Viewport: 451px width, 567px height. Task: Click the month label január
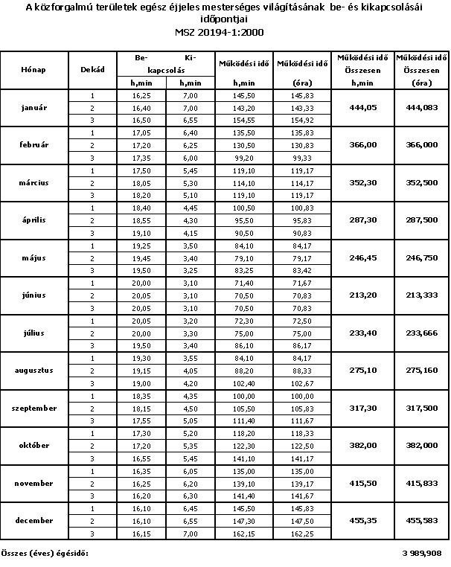34,108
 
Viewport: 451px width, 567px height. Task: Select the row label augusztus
34,370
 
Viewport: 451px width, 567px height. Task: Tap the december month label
34,521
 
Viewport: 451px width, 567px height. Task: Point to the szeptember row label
34,408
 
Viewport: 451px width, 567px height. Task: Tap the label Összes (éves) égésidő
45,553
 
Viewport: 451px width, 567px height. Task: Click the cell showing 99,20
244,157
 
